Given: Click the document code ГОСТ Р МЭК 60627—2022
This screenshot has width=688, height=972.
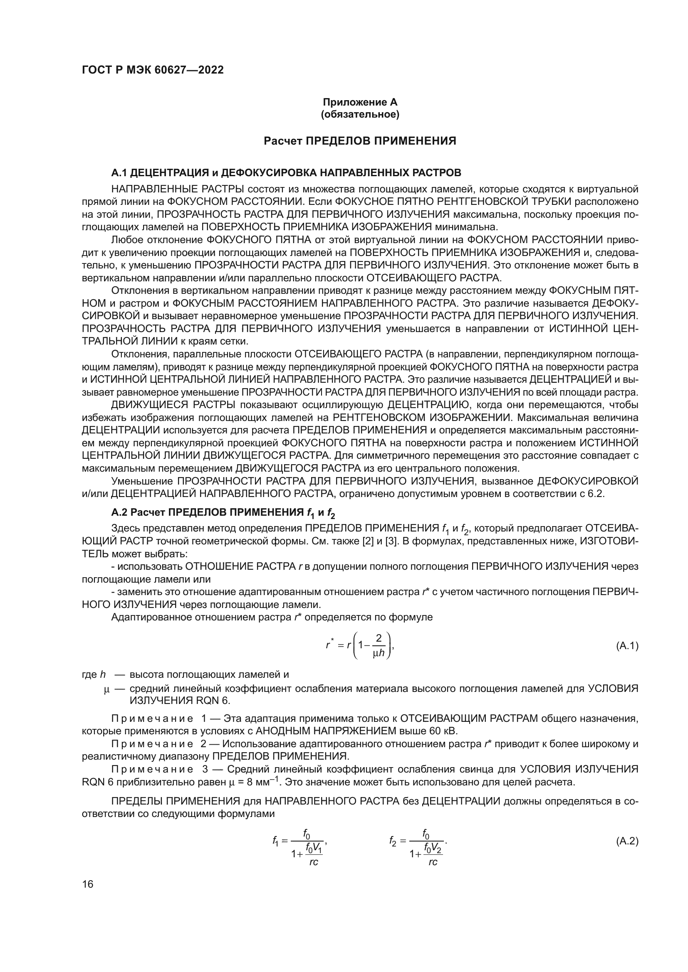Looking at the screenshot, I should tap(153, 70).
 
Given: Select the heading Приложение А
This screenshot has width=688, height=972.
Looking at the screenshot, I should tap(360, 102).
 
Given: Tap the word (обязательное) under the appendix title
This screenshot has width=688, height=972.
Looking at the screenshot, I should tap(360, 115).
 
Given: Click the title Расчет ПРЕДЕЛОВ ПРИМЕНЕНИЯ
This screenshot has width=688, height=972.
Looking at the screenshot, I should tap(360, 141).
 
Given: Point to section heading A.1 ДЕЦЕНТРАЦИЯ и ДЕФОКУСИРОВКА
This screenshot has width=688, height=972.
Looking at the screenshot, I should tap(286, 173).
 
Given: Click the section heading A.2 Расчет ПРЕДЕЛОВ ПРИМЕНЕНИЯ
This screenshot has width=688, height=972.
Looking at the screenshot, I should tap(223, 513).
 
